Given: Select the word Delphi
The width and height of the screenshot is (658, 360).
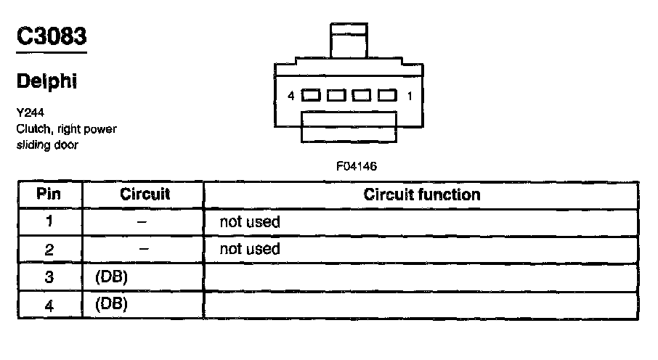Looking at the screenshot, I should coord(46,82).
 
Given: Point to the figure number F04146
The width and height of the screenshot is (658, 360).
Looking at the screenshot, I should coord(357,166).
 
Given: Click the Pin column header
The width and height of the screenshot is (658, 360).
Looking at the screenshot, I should coord(49,194).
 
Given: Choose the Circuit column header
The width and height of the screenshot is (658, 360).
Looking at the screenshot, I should coord(144,194).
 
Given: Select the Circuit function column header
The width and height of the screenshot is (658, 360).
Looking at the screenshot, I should coord(421,194).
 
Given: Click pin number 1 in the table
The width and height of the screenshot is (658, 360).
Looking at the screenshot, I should coord(49,221).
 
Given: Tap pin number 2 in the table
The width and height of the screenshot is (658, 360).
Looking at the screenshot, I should coord(49,249).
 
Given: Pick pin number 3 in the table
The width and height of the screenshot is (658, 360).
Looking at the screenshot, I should coord(49,277).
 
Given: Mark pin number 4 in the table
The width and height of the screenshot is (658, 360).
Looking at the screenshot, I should coord(49,305).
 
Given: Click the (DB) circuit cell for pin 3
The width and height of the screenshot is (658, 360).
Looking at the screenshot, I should coord(111,277).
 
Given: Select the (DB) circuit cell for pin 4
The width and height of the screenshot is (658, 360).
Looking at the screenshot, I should coord(111,304).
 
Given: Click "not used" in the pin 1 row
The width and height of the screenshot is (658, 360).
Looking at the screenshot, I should coord(249,221).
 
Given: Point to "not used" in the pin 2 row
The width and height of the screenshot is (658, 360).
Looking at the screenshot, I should coord(249,249).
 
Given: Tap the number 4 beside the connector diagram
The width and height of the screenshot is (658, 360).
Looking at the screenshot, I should coord(291,96).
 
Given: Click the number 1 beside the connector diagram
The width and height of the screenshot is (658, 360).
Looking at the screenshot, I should coord(410,96).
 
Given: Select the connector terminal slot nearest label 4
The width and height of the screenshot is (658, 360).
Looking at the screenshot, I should coord(310,95).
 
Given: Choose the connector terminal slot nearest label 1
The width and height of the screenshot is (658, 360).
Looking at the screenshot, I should coord(387,95).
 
